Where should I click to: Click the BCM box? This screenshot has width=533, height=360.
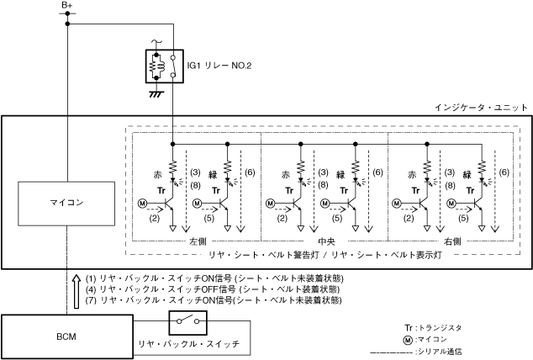[66, 336]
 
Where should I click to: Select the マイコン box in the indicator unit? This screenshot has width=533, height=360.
[66, 201]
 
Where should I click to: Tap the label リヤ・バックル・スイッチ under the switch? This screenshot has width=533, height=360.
[189, 344]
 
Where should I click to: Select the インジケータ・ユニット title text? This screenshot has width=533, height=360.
[481, 108]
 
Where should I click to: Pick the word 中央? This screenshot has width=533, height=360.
[325, 241]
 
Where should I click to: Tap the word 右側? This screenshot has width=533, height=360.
[451, 241]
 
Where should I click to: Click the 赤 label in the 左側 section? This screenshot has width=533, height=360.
[157, 174]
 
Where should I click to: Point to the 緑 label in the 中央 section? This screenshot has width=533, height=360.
[340, 174]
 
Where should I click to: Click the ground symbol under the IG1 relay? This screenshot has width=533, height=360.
[155, 93]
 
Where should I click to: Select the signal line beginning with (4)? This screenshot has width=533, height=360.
[207, 289]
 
